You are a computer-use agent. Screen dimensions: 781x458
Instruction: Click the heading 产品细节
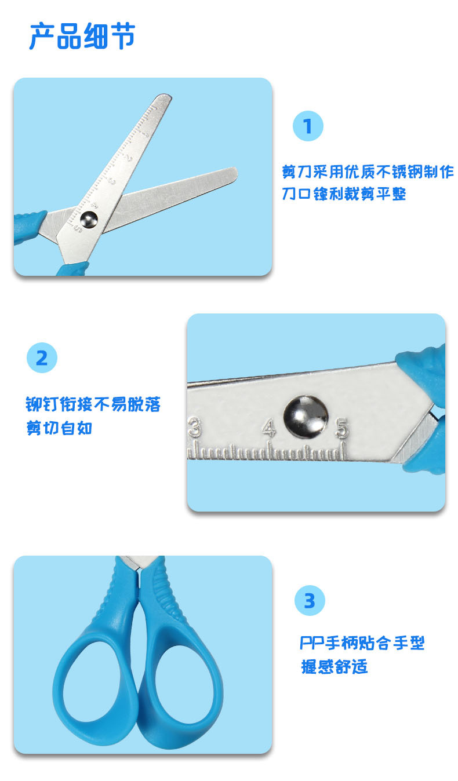click(x=82, y=36)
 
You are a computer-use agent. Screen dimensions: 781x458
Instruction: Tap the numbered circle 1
click(x=308, y=126)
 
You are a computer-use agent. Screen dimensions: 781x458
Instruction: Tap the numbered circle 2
click(x=42, y=358)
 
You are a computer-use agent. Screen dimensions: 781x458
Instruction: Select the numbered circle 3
click(x=310, y=600)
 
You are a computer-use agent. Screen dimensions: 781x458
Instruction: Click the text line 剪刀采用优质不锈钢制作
click(x=368, y=172)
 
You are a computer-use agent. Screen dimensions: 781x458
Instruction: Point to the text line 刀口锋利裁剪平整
click(x=344, y=194)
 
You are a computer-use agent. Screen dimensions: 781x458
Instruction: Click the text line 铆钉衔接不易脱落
click(x=93, y=404)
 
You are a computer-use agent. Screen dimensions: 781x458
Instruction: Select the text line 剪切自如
click(x=59, y=429)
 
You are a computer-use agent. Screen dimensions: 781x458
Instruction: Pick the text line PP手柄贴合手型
click(x=362, y=643)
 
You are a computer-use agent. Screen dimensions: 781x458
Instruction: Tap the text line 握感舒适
click(x=334, y=667)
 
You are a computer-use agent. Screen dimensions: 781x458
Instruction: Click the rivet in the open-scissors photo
click(x=89, y=218)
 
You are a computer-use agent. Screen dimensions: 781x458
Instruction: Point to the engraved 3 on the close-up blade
click(x=195, y=429)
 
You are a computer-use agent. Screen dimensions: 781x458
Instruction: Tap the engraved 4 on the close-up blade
click(x=268, y=429)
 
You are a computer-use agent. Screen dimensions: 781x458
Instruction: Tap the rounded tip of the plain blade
click(x=232, y=174)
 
